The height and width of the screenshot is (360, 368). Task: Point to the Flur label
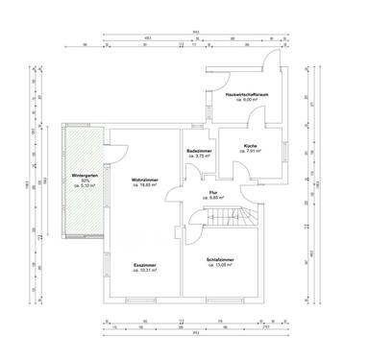212,192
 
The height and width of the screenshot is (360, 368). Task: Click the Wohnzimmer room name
144,180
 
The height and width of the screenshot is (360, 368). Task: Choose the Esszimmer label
146,265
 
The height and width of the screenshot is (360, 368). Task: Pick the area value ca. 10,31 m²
146,271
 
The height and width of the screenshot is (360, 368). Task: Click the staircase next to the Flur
230,218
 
